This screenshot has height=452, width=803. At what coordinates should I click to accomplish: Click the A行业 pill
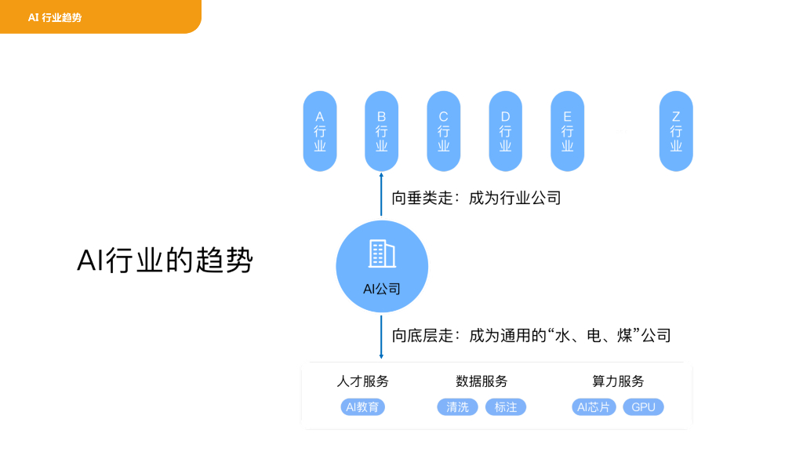tap(320, 131)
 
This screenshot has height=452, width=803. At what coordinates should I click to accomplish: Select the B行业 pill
tap(382, 131)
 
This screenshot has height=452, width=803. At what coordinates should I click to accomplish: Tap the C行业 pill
tap(444, 131)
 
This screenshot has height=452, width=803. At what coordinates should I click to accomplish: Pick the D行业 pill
tap(506, 131)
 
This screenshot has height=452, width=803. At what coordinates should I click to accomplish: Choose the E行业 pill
tap(568, 131)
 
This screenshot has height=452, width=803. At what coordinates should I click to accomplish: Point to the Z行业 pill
tap(676, 131)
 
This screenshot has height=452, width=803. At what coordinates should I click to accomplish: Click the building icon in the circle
tap(382, 253)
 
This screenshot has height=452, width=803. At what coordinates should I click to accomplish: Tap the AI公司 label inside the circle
tap(382, 289)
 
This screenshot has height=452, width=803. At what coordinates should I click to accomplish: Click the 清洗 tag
tap(457, 407)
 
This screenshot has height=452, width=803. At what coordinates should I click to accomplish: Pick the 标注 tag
tap(506, 407)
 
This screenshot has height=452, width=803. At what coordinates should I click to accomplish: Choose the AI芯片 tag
tap(594, 407)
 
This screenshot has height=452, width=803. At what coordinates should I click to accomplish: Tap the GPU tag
tap(643, 407)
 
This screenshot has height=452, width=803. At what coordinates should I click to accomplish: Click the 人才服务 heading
tap(363, 381)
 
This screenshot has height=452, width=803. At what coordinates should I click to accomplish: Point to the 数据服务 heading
tap(481, 381)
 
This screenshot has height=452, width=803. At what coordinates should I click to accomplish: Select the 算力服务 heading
tap(618, 381)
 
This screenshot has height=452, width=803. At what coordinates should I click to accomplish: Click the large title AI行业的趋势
tap(165, 261)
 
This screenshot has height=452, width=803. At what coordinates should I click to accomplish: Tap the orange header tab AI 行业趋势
tap(55, 16)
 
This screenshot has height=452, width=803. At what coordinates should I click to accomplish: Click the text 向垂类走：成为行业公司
tap(476, 199)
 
